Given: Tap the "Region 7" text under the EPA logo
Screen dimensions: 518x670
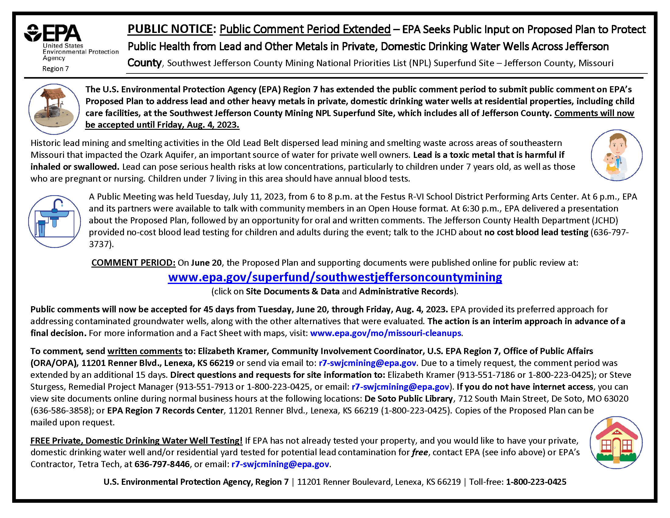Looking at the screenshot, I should click(x=55, y=69).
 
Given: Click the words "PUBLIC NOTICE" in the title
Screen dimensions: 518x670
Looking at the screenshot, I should click(x=170, y=29).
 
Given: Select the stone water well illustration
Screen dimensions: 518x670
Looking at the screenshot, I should click(x=54, y=109).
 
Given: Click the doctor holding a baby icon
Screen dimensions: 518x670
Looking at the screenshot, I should click(x=617, y=155).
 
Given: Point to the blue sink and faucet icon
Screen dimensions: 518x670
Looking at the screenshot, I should click(x=54, y=221).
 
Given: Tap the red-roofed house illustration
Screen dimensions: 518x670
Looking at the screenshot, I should click(x=616, y=442).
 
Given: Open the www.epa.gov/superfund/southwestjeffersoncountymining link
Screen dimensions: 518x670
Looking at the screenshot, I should click(x=335, y=277).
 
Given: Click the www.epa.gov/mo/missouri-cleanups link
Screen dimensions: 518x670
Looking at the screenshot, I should click(x=386, y=333).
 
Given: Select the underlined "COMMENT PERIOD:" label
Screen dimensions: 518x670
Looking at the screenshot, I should click(x=133, y=263).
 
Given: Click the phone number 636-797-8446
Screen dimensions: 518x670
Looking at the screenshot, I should click(x=162, y=464).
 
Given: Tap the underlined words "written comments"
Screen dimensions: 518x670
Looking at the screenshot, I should click(x=145, y=351).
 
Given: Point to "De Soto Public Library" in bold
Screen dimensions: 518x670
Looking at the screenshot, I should click(x=408, y=399).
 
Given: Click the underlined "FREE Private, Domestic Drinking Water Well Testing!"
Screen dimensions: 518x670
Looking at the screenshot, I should click(x=136, y=441).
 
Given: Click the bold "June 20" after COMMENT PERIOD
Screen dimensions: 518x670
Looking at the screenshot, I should click(x=206, y=263).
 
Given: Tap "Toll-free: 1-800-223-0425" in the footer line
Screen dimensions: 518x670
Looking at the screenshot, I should click(x=517, y=482).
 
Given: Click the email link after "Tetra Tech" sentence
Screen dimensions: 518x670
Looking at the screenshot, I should click(x=280, y=464).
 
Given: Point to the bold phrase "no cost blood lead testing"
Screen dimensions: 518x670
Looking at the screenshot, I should click(x=536, y=232).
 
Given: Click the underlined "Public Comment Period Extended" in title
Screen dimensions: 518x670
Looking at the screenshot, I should click(x=305, y=29).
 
